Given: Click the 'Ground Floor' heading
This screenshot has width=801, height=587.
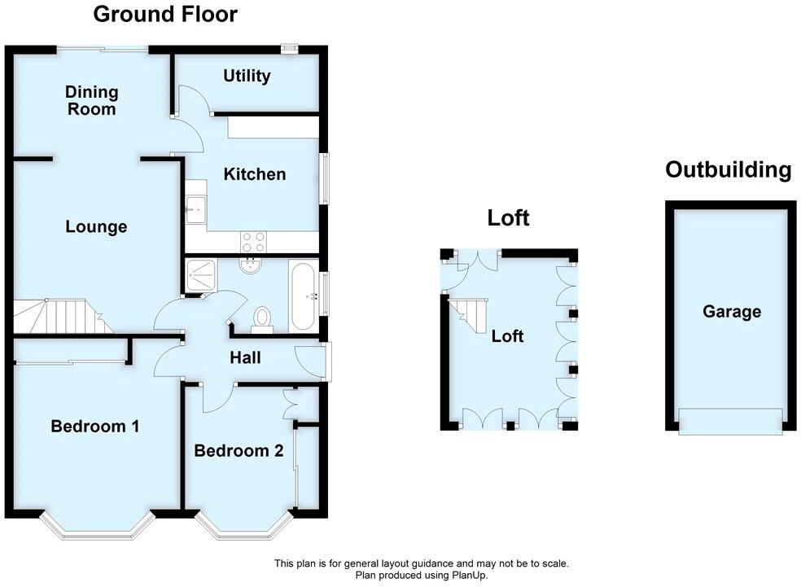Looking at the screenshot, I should (x=165, y=14).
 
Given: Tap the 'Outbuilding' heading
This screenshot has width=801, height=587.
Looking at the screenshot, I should (x=728, y=169).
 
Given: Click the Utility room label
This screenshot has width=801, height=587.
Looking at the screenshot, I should (x=247, y=76).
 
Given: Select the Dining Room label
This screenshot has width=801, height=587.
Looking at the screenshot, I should (x=92, y=100).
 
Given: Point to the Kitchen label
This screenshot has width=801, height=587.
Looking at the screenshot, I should (x=255, y=173).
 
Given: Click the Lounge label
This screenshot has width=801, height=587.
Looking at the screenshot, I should (x=96, y=226).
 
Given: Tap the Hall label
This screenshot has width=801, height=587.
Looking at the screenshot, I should (x=245, y=356).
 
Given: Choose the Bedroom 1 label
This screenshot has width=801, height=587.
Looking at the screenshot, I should (x=95, y=426).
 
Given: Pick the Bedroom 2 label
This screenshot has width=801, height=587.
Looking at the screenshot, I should (x=239, y=450).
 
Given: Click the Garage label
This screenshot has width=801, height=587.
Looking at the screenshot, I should (x=732, y=311).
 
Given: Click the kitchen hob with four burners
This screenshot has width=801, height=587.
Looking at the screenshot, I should (x=253, y=241).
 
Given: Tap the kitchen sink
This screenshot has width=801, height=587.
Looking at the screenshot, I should (x=196, y=209).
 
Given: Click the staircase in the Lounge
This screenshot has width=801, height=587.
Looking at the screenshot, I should (x=54, y=316).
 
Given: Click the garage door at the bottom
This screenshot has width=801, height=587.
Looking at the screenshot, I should (x=730, y=420).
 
